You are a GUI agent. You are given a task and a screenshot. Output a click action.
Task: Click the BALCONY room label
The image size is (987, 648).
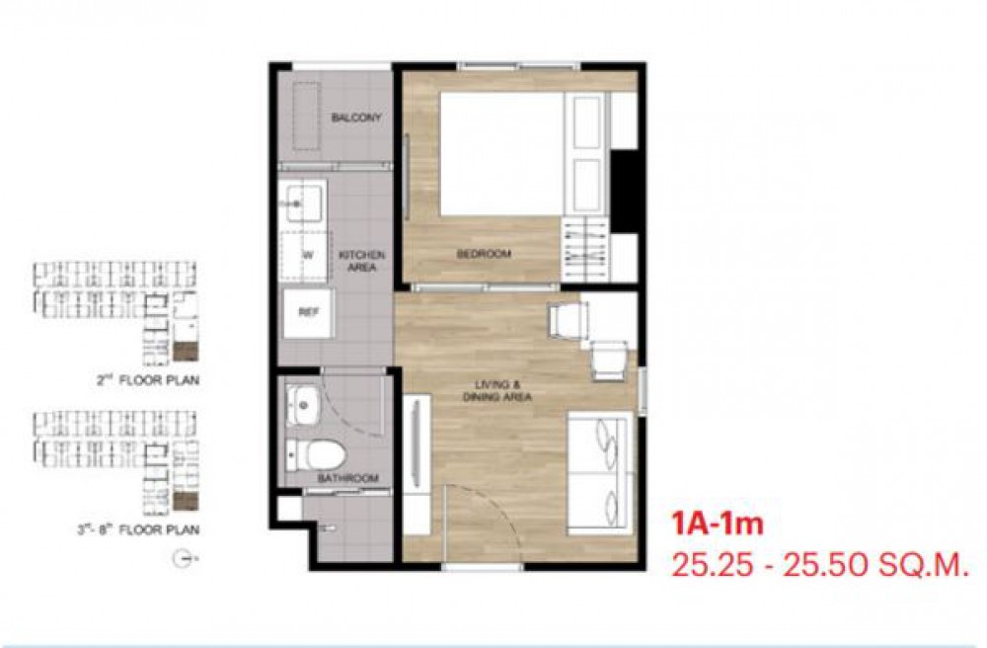click(356, 118)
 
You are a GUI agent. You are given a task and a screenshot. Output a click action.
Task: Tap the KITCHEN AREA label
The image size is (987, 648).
click(361, 261)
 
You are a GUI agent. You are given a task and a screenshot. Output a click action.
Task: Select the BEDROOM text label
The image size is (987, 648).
click(484, 255)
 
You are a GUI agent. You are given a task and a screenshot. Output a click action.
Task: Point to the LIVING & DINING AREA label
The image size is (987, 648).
click(497, 390)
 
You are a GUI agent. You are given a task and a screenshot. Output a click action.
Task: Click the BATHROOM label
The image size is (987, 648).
click(348, 478)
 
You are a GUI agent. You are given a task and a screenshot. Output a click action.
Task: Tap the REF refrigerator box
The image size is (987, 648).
click(308, 312)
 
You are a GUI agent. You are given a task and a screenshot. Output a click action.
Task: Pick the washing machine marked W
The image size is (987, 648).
click(305, 256)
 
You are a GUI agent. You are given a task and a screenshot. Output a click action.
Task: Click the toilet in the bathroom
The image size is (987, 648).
click(316, 454)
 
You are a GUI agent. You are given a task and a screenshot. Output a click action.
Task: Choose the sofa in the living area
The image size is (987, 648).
click(600, 473)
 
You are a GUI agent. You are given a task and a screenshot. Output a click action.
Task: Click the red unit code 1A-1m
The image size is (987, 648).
click(717, 524)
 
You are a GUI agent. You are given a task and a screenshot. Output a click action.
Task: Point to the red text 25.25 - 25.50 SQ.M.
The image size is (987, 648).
click(819, 565)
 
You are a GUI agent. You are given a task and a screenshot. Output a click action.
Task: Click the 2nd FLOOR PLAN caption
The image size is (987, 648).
click(148, 380)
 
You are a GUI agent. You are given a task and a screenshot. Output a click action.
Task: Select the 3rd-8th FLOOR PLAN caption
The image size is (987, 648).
click(138, 529)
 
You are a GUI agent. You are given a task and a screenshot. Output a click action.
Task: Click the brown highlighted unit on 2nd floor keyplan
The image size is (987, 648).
click(186, 352)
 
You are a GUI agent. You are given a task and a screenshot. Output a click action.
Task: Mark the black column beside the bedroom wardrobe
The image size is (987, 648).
click(624, 192)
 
